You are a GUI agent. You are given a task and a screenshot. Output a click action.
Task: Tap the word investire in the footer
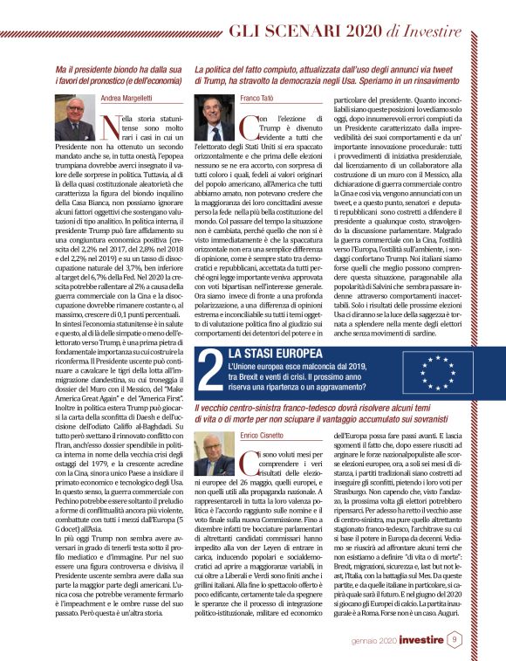(x=443, y=639)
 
